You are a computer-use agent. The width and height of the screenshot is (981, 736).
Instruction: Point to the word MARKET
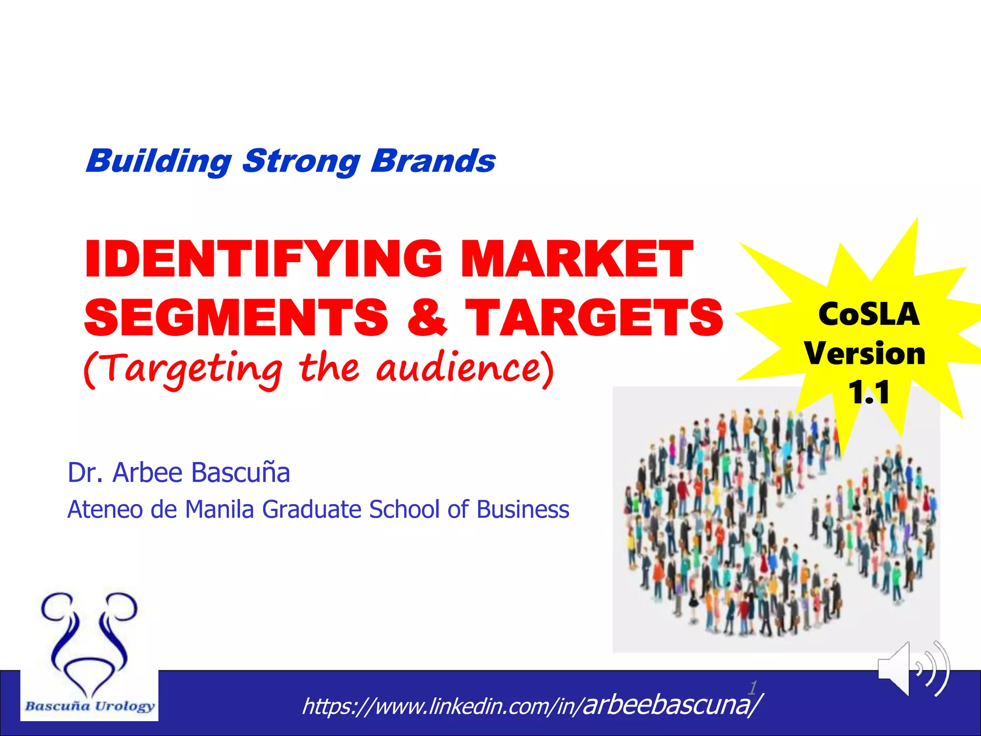(577, 259)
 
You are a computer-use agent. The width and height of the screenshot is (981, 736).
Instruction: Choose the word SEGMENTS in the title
(236, 317)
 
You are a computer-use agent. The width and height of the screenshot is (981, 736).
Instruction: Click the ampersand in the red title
(427, 317)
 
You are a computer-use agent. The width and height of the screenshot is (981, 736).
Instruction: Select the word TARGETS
(594, 317)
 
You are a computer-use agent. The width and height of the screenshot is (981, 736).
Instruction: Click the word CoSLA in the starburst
(869, 314)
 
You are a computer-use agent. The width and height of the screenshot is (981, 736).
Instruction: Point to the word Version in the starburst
(865, 354)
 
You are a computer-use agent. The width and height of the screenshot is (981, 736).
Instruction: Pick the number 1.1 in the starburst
(869, 392)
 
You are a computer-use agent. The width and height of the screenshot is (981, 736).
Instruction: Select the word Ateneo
(105, 509)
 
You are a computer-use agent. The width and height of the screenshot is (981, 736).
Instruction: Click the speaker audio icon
(913, 669)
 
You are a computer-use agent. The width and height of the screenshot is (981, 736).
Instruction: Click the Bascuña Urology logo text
(90, 706)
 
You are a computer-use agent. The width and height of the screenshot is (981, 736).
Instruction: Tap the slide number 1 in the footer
(753, 688)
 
